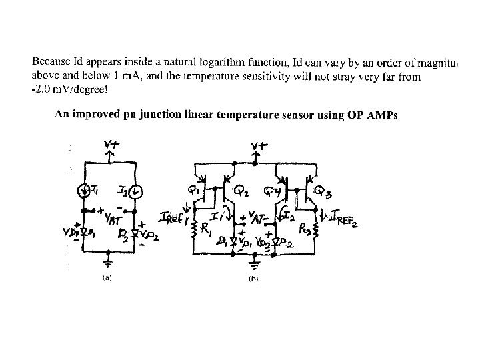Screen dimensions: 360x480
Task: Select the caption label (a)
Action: [107, 279]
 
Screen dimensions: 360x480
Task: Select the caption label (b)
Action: [253, 280]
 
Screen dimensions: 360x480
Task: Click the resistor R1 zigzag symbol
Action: [194, 231]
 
